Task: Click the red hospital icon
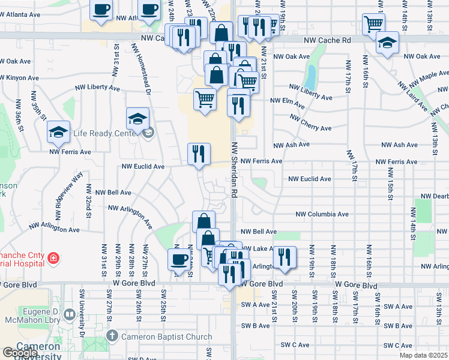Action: [53, 259]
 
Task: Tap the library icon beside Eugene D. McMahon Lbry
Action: [71, 314]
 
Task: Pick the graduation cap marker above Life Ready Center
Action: [137, 118]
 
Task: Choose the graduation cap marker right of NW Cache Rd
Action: [387, 43]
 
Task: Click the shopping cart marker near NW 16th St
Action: [373, 24]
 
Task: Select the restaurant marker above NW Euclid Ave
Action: [199, 154]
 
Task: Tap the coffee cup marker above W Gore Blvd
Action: [178, 259]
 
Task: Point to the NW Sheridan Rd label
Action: [235, 170]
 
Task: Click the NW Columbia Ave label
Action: [322, 214]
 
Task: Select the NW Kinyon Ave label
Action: [19, 78]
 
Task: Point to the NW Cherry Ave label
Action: [311, 124]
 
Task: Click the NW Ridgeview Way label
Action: [67, 198]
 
